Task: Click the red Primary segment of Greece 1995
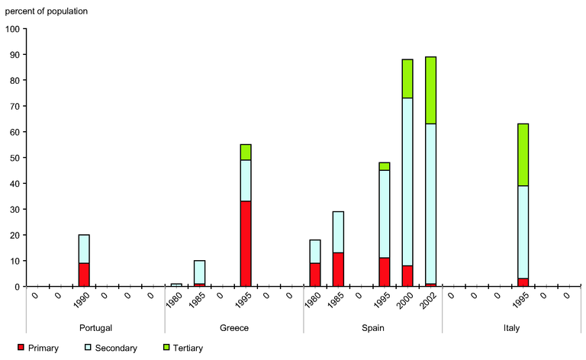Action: pyautogui.click(x=246, y=243)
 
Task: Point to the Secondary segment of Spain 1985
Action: pyautogui.click(x=338, y=233)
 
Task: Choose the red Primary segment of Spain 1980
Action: pyautogui.click(x=315, y=275)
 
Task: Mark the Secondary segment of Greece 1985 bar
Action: pyautogui.click(x=200, y=272)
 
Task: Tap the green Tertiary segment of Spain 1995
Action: pyautogui.click(x=385, y=166)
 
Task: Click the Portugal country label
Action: pyautogui.click(x=95, y=328)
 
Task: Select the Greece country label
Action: pyautogui.click(x=233, y=328)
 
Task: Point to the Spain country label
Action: pyautogui.click(x=372, y=328)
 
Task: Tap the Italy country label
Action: pyautogui.click(x=511, y=328)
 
